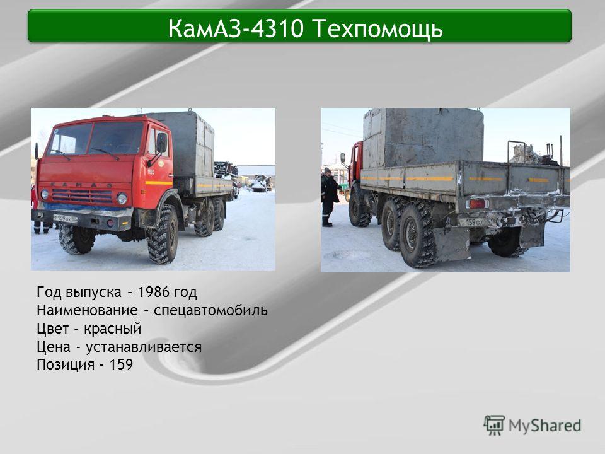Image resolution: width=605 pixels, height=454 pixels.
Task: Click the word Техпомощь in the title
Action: (377, 29)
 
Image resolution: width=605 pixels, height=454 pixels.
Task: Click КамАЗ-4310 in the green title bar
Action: (236, 28)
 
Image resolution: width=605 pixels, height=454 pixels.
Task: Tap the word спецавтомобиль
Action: (210, 311)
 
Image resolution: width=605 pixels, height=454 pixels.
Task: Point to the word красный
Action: (113, 329)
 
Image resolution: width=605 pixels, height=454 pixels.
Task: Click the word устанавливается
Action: (144, 347)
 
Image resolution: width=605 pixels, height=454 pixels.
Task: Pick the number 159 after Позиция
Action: (121, 364)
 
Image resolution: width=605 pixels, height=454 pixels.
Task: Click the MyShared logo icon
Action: (494, 425)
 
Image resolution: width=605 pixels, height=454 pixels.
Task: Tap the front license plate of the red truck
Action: (65, 219)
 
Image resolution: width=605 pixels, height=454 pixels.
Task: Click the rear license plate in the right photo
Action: (472, 223)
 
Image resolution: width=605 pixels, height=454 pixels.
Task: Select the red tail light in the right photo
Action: (478, 204)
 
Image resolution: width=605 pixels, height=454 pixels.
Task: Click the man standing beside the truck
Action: (329, 197)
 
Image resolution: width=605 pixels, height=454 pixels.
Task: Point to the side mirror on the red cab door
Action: (161, 143)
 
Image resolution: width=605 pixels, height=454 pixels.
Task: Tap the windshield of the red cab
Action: (96, 139)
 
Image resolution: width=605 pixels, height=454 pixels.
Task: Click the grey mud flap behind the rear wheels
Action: (452, 243)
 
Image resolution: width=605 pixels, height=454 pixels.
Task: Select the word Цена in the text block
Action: (54, 347)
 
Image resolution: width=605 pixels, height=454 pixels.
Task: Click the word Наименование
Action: (87, 310)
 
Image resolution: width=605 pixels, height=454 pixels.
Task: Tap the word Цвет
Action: (53, 329)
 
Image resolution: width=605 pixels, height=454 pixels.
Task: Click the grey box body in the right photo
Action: (423, 138)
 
